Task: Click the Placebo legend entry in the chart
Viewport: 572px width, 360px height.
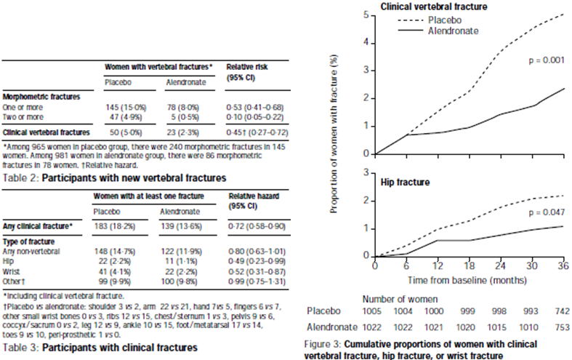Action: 449,20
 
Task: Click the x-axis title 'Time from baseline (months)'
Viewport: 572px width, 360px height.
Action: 468,280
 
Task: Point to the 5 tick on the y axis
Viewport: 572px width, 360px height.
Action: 368,15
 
